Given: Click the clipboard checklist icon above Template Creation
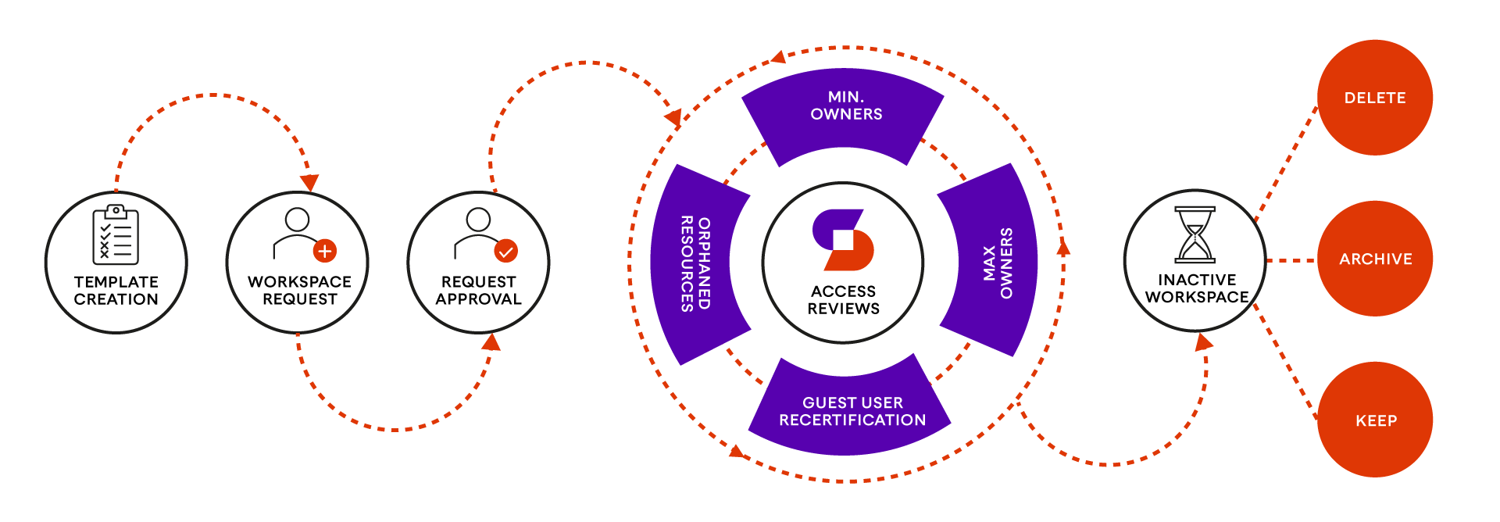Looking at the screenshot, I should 116,234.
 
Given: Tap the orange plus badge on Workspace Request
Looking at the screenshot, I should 325,251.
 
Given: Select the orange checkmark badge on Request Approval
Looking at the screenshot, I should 505,251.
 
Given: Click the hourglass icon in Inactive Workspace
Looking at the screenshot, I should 1195,234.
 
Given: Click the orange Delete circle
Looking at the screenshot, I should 1375,98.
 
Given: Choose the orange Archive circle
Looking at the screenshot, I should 1375,259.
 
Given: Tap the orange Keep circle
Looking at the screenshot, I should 1375,420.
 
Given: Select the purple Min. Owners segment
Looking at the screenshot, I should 845,109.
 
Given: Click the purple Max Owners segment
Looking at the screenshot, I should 996,262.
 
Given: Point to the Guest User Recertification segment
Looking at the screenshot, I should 852,410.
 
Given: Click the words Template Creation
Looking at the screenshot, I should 116,291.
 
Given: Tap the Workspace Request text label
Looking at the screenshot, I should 299,291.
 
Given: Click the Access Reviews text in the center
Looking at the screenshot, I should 843,300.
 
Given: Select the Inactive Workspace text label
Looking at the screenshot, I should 1197,288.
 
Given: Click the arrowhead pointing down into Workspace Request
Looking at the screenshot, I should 309,183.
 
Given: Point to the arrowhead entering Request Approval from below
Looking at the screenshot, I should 491,342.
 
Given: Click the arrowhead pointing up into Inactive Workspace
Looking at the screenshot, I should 1204,341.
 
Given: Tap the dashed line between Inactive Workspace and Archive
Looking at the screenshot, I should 1291,260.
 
